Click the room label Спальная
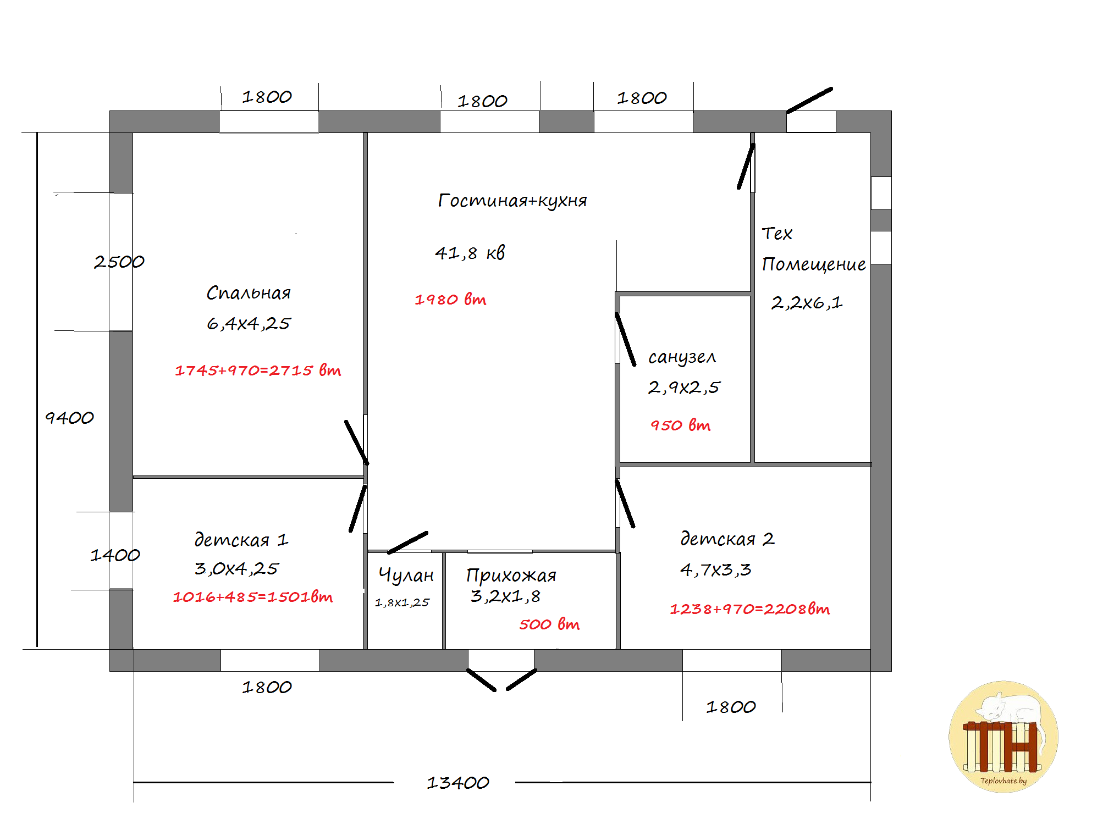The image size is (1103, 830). (x=249, y=292)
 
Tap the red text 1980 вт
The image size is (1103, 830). (x=450, y=300)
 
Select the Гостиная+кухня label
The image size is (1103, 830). (x=512, y=201)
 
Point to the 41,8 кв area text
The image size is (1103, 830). (x=470, y=253)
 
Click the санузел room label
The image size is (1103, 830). (x=682, y=357)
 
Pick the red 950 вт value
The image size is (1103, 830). (x=681, y=425)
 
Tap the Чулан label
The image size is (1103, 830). (x=406, y=575)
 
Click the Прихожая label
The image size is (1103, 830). (x=511, y=575)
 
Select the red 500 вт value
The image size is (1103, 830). (x=549, y=624)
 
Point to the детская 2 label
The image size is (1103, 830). (x=727, y=539)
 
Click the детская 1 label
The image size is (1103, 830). (x=241, y=540)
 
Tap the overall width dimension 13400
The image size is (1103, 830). (x=458, y=783)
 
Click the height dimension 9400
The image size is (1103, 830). (x=69, y=418)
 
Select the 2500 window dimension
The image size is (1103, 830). (x=119, y=262)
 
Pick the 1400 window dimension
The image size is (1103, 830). (x=115, y=555)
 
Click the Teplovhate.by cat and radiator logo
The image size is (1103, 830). (x=1003, y=737)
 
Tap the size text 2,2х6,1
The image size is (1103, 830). (x=807, y=302)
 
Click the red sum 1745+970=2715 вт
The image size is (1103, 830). (x=258, y=370)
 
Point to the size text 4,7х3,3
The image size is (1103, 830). (x=715, y=569)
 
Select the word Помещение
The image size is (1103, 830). (x=814, y=264)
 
